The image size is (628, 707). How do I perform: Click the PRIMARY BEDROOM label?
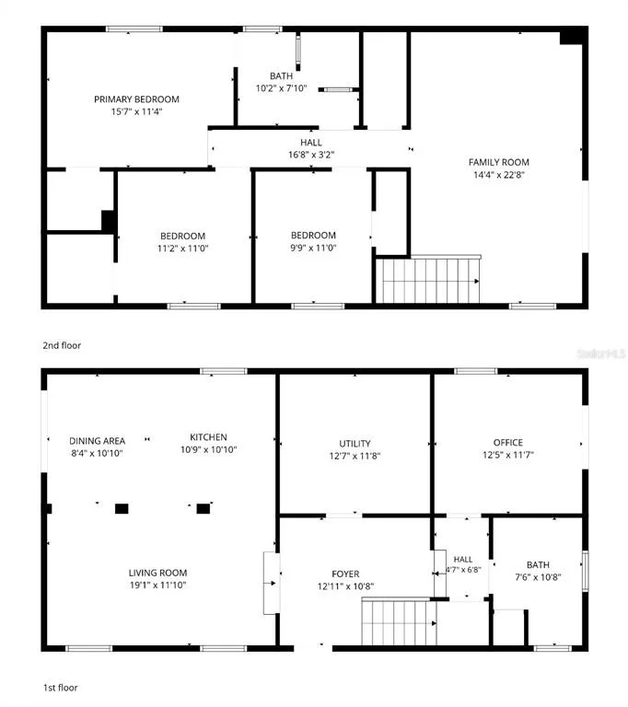(136, 99)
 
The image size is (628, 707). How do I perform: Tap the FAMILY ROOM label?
(498, 162)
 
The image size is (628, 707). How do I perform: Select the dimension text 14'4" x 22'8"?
(498, 175)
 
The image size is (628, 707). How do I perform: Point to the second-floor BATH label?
(281, 75)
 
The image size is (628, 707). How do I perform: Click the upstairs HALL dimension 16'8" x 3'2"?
(311, 155)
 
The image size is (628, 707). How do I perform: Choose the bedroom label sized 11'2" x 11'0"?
(182, 236)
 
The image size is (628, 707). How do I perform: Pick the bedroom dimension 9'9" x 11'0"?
(313, 248)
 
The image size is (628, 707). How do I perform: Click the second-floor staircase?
(427, 280)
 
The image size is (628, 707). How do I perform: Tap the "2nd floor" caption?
(62, 345)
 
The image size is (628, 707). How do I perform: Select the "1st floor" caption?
(61, 688)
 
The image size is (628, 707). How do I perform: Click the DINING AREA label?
(97, 441)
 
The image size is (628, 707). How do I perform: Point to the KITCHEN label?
(208, 437)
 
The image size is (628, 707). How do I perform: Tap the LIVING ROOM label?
(157, 573)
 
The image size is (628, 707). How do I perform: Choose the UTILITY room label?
(355, 443)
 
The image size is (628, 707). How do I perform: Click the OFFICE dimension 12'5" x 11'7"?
(508, 455)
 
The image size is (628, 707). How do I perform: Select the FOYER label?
(345, 574)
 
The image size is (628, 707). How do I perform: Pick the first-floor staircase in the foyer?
(400, 622)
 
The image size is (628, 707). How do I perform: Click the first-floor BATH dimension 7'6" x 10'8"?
(539, 577)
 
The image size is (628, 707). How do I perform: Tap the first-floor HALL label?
(463, 560)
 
